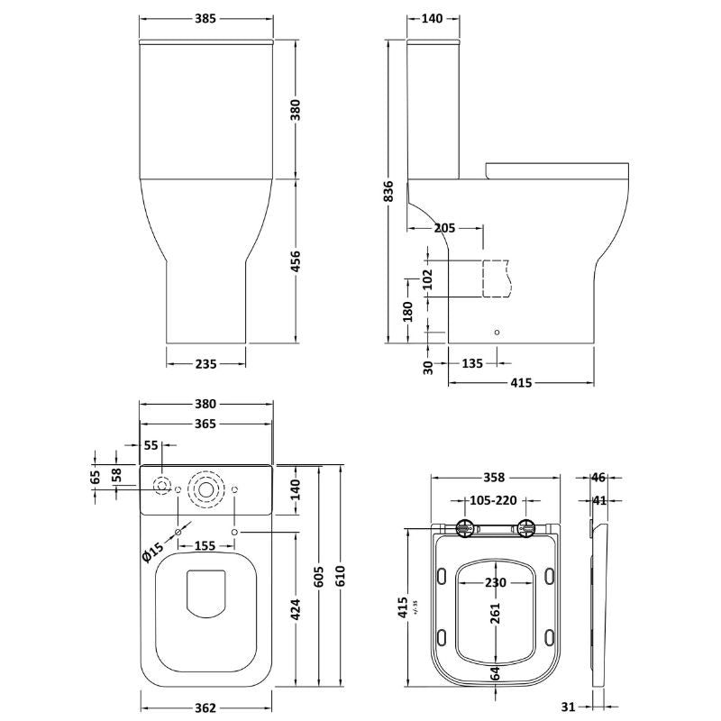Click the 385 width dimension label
(x=205, y=18)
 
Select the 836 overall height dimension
(x=389, y=191)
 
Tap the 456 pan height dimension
(x=296, y=260)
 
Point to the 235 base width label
(x=205, y=364)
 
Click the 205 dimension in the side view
(x=444, y=228)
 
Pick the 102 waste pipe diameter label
(x=427, y=279)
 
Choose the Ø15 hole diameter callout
(x=152, y=552)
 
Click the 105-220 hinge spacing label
(x=493, y=500)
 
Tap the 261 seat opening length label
(x=495, y=613)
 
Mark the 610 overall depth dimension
(x=340, y=576)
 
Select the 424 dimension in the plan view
(x=296, y=609)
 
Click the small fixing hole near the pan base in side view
(x=497, y=332)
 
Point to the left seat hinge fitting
(x=464, y=529)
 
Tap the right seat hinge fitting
(x=525, y=529)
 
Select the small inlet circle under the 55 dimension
(x=162, y=486)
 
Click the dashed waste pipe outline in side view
(x=497, y=278)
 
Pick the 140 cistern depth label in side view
(x=433, y=18)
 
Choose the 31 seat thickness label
(x=569, y=706)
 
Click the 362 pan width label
(x=205, y=708)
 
